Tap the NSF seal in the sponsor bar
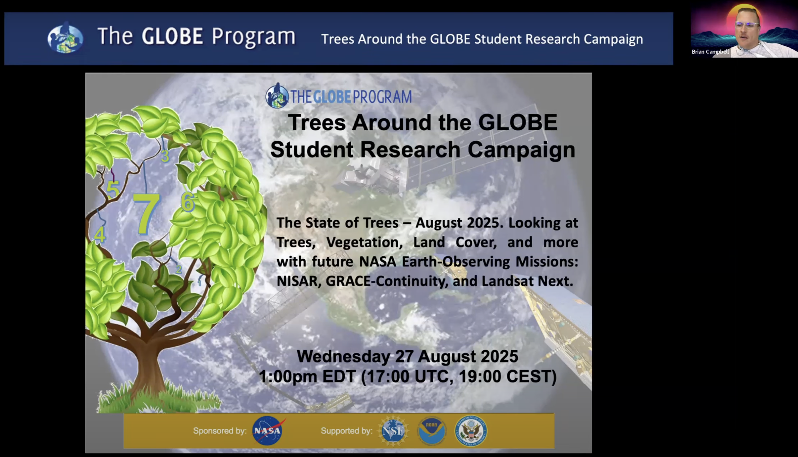click(393, 431)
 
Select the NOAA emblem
click(432, 431)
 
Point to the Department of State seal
click(471, 431)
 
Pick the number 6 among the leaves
click(188, 201)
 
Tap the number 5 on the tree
click(113, 189)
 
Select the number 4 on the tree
click(100, 234)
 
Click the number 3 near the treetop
click(165, 156)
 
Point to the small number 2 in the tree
click(179, 269)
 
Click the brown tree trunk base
click(148, 370)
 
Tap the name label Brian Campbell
click(710, 52)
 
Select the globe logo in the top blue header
click(65, 38)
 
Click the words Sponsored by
click(220, 431)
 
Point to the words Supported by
click(347, 431)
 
